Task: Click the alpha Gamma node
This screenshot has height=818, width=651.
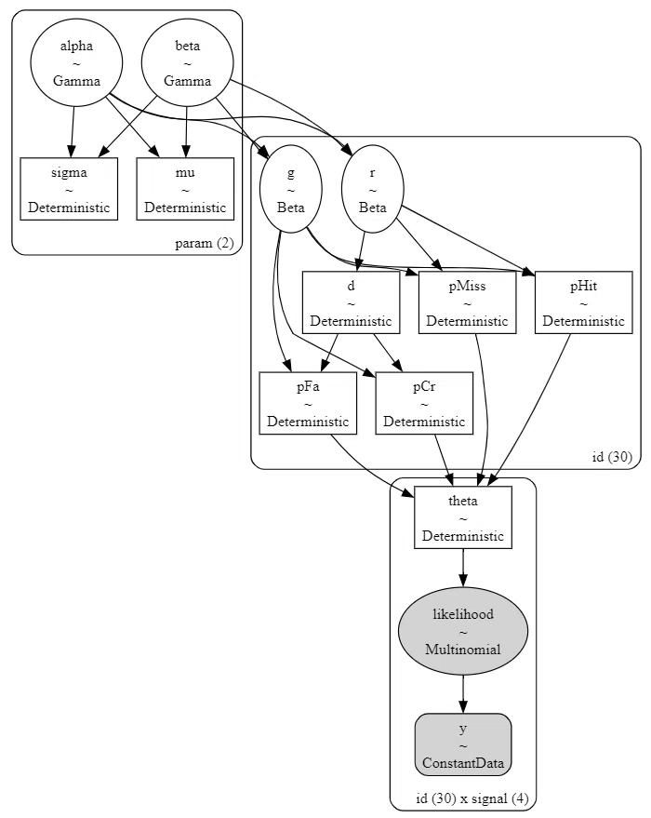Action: (76, 62)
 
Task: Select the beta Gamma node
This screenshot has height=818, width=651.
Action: (188, 62)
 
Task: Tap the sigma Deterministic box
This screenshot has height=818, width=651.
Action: (69, 189)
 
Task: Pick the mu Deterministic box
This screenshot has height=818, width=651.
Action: (185, 189)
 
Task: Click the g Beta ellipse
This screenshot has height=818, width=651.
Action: (291, 189)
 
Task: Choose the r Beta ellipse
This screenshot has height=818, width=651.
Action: (373, 189)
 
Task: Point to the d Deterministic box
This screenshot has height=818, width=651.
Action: (352, 302)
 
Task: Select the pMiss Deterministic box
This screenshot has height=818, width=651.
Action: (468, 302)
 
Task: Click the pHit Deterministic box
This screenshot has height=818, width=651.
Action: (584, 302)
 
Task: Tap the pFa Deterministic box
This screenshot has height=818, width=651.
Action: (308, 403)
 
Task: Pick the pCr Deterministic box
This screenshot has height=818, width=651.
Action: (424, 403)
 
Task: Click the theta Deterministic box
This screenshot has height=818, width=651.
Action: (463, 517)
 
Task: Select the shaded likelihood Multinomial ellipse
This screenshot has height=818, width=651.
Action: (463, 631)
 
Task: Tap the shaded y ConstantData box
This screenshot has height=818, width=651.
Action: (463, 745)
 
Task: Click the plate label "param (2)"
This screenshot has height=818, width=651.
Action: (205, 243)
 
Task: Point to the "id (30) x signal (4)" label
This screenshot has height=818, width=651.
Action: (472, 798)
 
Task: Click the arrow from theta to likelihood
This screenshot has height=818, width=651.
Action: (463, 568)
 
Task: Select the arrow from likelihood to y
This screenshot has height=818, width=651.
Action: (463, 694)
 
